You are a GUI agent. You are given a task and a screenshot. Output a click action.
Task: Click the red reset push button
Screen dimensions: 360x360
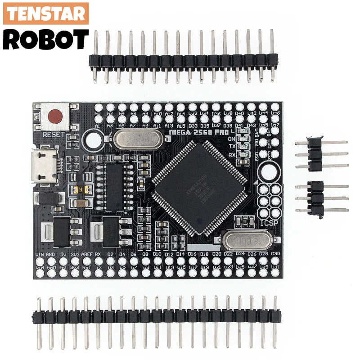point(55,116)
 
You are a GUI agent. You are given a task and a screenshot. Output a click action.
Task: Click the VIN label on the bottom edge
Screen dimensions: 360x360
point(40,255)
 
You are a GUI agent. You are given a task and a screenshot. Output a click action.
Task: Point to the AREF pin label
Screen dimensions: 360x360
point(87,255)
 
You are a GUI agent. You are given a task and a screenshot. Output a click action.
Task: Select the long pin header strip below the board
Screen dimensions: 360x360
point(155,317)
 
